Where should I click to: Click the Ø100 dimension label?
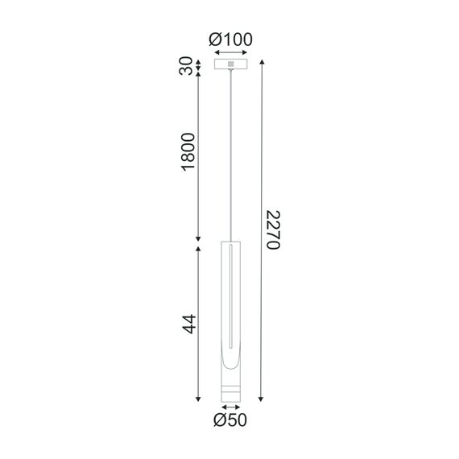point(230,39)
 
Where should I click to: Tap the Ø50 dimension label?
point(230,420)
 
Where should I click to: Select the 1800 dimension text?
point(188,151)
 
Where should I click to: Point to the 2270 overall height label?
point(274,229)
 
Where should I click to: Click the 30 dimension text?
point(186,66)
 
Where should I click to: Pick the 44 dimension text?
point(189,324)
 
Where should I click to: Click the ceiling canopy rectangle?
point(230,64)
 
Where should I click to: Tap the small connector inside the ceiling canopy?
point(231,64)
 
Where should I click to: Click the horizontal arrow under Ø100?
point(231,52)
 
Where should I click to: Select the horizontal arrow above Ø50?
point(231,407)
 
